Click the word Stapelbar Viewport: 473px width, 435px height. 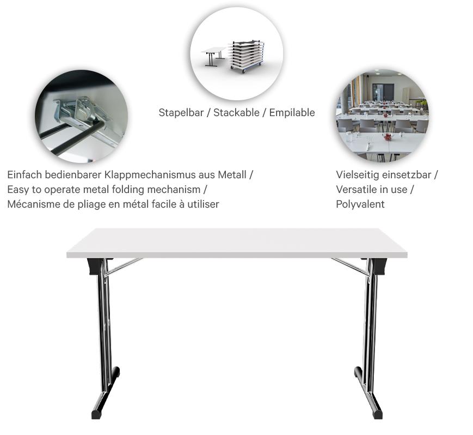pyautogui.click(x=179, y=113)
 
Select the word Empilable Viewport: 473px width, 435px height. pyautogui.click(x=292, y=113)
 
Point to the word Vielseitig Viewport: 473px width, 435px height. pyautogui.click(x=356, y=175)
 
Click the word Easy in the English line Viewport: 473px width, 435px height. pyautogui.click(x=18, y=190)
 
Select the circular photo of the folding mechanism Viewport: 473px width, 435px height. pyautogui.click(x=81, y=116)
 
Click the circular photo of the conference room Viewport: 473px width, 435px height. pyautogui.click(x=382, y=116)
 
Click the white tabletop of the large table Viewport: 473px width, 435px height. pyautogui.click(x=237, y=242)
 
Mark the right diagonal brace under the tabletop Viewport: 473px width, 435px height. pyautogui.click(x=349, y=265)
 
